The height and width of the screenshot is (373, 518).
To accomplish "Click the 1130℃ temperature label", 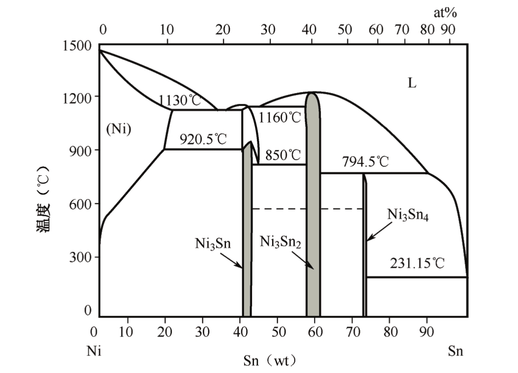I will coord(180,101).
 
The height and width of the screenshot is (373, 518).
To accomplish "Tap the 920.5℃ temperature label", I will coord(203,139).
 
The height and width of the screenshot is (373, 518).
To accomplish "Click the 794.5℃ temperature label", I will coord(365,162).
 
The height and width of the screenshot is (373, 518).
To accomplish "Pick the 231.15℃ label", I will coord(418,264).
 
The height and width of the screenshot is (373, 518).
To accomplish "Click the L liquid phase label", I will coord(412,83).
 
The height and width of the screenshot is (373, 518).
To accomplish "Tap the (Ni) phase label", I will coord(118,128).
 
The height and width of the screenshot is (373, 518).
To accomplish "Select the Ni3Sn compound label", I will coord(212,243).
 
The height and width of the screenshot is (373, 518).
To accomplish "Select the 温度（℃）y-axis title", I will coord(44,199).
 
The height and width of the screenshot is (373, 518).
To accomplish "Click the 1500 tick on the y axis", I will coord(77,46).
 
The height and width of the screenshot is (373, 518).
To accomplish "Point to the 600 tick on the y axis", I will coord(81,204).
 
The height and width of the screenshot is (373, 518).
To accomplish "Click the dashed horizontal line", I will coord(308,209).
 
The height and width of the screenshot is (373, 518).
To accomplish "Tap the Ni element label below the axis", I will coord(94,351).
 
